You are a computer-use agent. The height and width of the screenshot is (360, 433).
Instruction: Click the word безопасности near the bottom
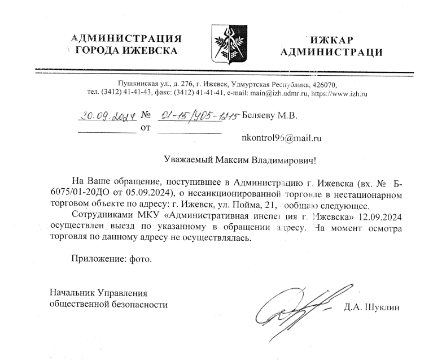tap(139, 304)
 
